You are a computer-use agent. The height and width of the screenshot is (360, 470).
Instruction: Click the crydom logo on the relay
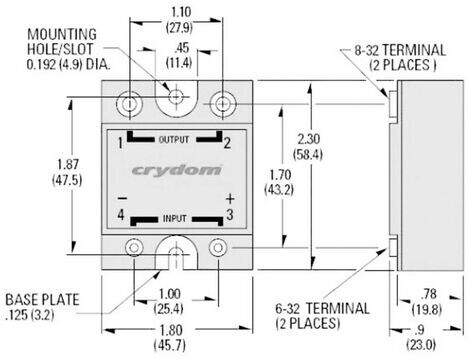click(176, 170)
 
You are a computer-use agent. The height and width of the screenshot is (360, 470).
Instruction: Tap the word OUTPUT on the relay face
click(174, 140)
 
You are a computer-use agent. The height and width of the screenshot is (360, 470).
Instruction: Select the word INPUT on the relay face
click(175, 219)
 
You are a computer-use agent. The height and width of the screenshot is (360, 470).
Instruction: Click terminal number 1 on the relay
click(120, 144)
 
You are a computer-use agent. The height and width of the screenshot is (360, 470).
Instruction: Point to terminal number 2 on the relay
click(227, 143)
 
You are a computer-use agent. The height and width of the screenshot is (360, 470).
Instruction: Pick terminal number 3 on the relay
click(230, 215)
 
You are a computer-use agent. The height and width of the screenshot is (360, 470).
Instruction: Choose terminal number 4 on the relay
click(121, 215)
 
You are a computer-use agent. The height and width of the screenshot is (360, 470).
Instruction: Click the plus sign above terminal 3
click(230, 199)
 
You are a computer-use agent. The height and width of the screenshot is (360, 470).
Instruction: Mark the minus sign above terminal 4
click(122, 199)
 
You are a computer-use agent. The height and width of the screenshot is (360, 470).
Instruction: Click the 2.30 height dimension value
click(309, 139)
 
